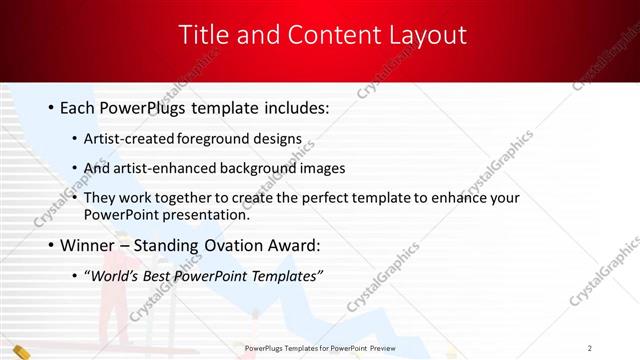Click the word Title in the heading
coord(203,35)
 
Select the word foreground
coord(212,140)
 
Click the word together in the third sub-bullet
coord(174,198)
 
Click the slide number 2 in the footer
coord(591,347)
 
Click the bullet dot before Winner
coord(50,246)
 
